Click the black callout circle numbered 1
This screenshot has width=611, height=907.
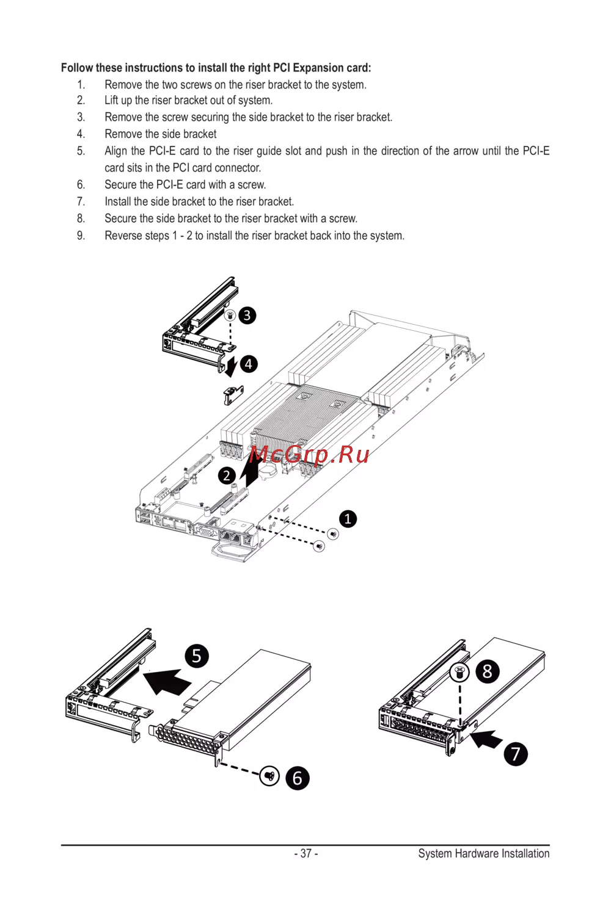pyautogui.click(x=348, y=519)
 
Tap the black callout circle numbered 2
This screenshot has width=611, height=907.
pyautogui.click(x=227, y=475)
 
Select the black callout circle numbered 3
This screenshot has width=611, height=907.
pyautogui.click(x=247, y=316)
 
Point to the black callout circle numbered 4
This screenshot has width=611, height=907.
pyautogui.click(x=249, y=364)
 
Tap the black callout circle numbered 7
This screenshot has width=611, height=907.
pyautogui.click(x=515, y=754)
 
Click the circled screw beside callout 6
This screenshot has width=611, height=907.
pyautogui.click(x=269, y=776)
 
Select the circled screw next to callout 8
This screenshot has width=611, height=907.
pyautogui.click(x=459, y=673)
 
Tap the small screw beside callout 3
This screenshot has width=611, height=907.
pyautogui.click(x=230, y=314)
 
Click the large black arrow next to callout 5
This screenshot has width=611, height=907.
pyautogui.click(x=167, y=681)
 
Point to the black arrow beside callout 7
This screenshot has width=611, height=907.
pyautogui.click(x=486, y=739)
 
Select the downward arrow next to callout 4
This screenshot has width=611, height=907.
pyautogui.click(x=232, y=366)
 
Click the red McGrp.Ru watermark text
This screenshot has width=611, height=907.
pyautogui.click(x=309, y=455)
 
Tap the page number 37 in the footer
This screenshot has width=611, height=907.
pyautogui.click(x=306, y=853)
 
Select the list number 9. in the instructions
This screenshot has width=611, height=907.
pyautogui.click(x=81, y=235)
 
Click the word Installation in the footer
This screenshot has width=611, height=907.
pyautogui.click(x=525, y=853)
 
